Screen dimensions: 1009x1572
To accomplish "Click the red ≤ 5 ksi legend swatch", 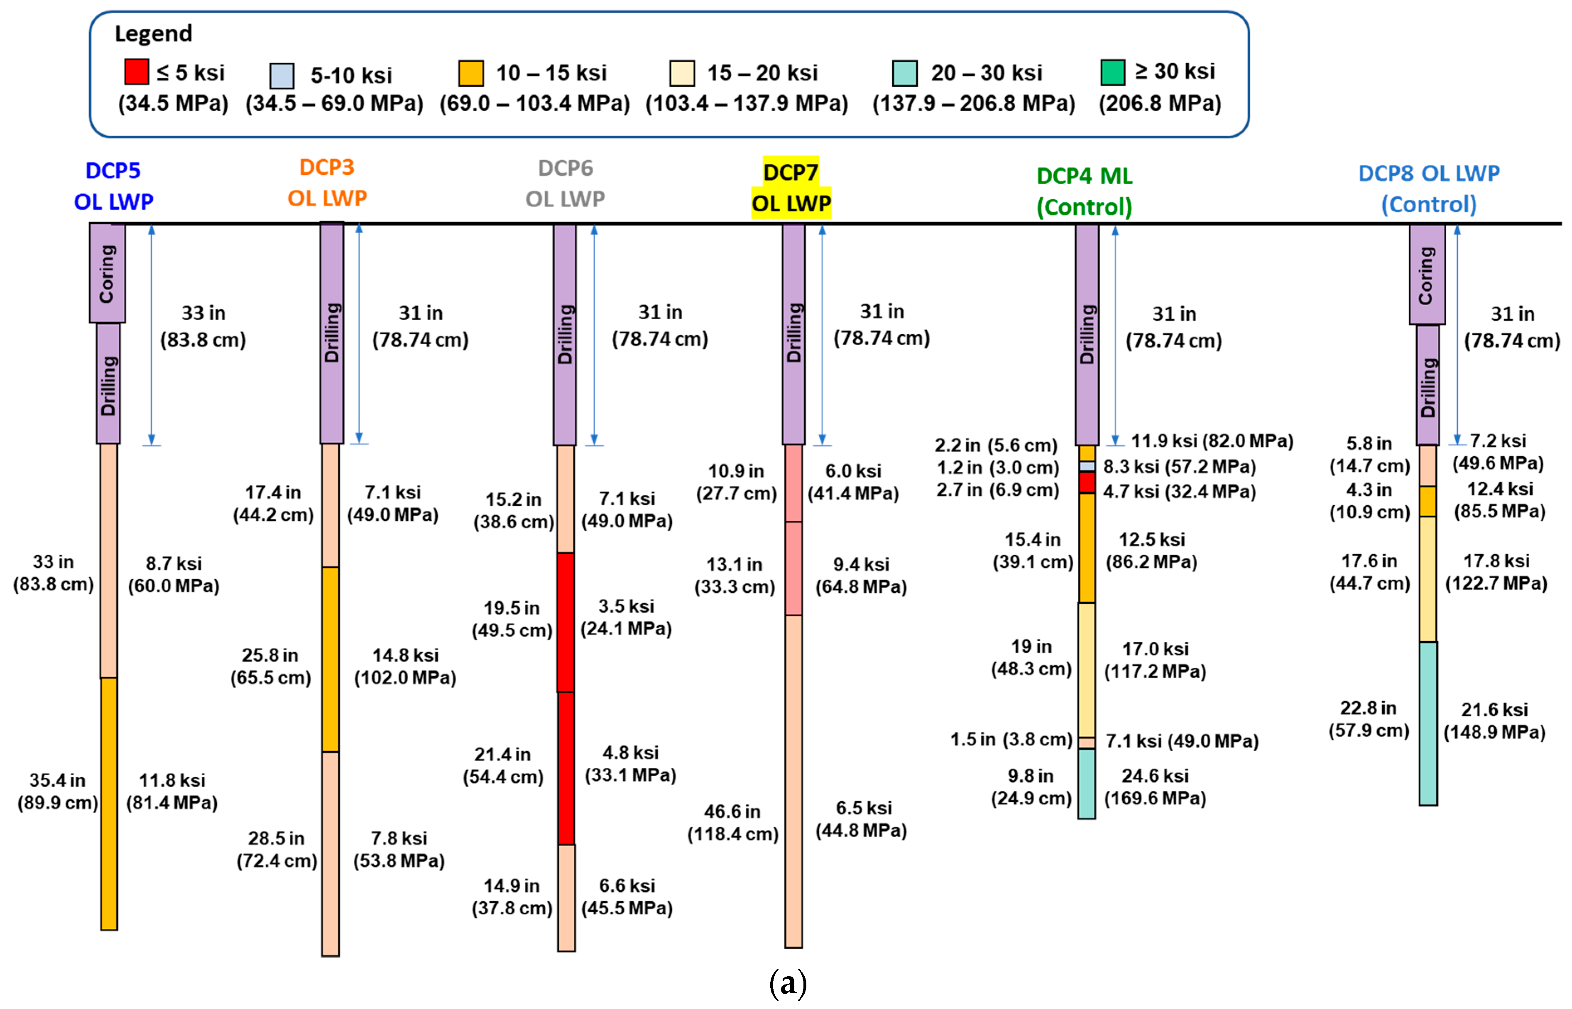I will click(136, 71).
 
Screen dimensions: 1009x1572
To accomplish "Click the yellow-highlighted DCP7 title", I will click(791, 187).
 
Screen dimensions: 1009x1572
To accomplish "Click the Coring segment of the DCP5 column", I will click(108, 273).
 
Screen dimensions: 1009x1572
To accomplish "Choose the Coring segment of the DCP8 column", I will click(1427, 274).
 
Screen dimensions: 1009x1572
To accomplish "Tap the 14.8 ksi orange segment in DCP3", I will click(330, 659).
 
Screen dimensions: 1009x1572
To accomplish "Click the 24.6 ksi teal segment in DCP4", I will click(1086, 784).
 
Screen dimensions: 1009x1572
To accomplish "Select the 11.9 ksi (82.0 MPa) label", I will click(1212, 441).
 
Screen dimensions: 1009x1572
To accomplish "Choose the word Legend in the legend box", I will click(153, 33).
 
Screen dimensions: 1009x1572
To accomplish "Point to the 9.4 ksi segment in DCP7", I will click(793, 568).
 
